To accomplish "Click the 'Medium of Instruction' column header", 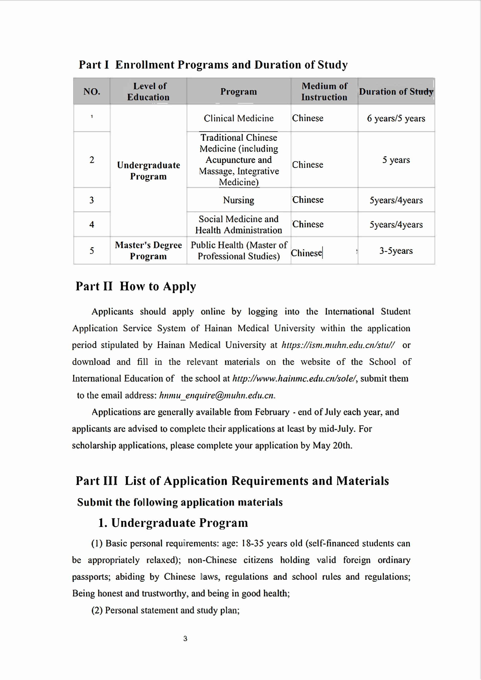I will tap(324, 91).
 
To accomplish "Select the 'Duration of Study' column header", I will tap(396, 91).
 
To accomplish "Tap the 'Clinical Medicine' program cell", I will tap(238, 118).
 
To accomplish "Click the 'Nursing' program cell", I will tap(238, 200).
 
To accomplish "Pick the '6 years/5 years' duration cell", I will tap(396, 118).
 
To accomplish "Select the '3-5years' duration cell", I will tap(396, 251).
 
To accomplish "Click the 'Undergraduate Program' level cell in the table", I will tap(149, 171).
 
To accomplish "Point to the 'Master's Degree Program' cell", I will tap(149, 250).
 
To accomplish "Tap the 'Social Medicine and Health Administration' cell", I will tap(238, 224).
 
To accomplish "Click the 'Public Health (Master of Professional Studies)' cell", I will tap(238, 250).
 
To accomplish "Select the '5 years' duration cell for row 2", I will tap(396, 160).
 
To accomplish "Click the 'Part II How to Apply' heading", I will tap(136, 286).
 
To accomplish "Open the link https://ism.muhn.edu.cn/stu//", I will tap(338, 345).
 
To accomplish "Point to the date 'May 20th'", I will tap(332, 445).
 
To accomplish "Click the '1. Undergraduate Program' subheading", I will tap(173, 523).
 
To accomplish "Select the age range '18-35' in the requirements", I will tap(253, 543).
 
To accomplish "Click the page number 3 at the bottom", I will tap(185, 639).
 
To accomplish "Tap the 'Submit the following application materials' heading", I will tap(180, 502).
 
